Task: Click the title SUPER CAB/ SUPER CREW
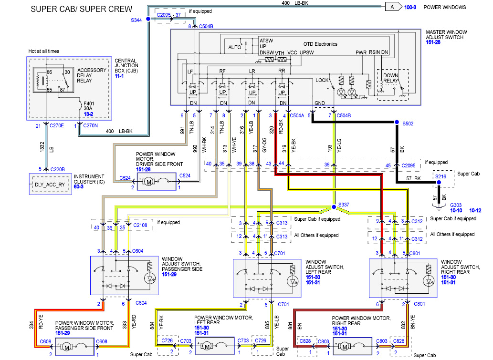pyautogui.click(x=82, y=9)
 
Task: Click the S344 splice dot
pyautogui.click(x=147, y=19)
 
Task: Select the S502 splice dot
pyautogui.click(x=396, y=123)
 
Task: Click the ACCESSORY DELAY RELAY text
pyautogui.click(x=92, y=75)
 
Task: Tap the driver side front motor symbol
pyautogui.click(x=147, y=182)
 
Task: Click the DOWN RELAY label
pyautogui.click(x=391, y=78)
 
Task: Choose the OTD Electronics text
pyautogui.click(x=320, y=44)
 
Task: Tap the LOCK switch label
pyautogui.click(x=322, y=80)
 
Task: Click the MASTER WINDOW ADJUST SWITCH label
pyautogui.click(x=446, y=35)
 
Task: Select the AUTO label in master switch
pyautogui.click(x=235, y=48)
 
